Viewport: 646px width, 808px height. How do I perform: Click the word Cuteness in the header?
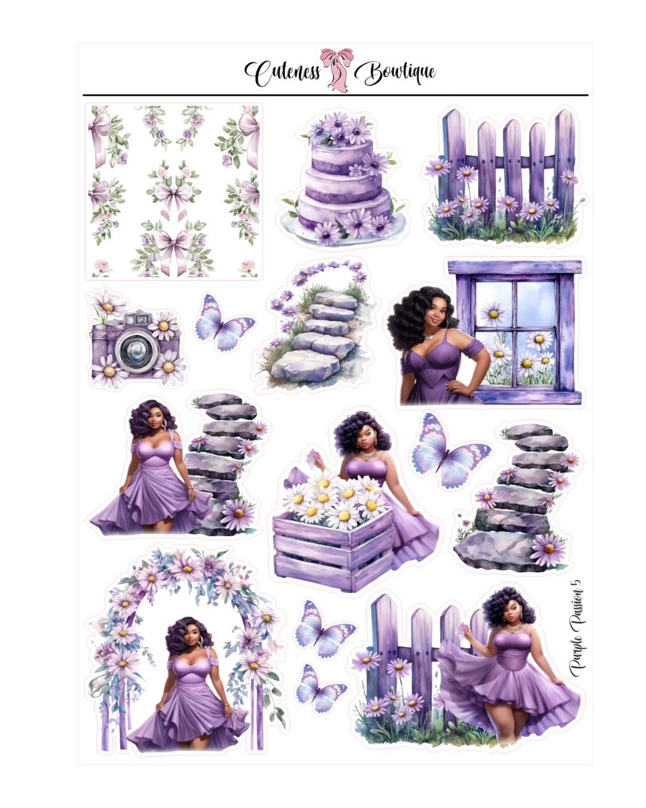tap(283, 74)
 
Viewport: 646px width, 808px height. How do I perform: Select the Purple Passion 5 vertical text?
tap(575, 628)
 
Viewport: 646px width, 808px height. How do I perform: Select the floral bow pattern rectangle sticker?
tap(173, 192)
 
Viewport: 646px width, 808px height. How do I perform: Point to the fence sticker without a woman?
tap(502, 177)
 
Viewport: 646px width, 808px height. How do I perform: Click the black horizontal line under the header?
tap(335, 95)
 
